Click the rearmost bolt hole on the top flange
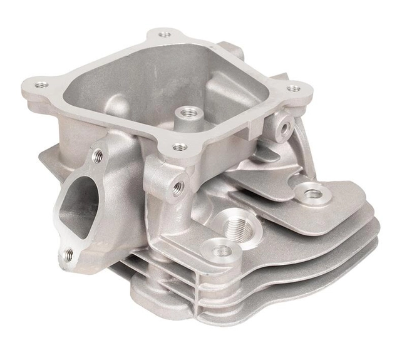click(165, 34)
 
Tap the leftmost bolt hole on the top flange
click(41, 85)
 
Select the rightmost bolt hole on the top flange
click(293, 89)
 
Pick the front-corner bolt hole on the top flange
click(180, 148)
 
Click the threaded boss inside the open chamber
click(186, 113)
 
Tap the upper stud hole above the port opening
click(98, 157)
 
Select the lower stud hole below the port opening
click(69, 255)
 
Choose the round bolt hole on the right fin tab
click(311, 195)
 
